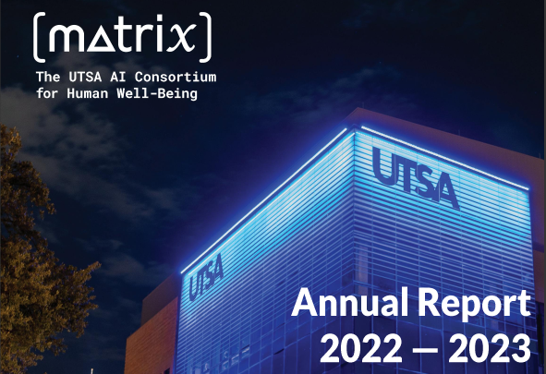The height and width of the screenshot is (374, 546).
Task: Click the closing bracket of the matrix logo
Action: [x=209, y=35]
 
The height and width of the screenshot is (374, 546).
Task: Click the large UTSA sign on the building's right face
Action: [x=415, y=175]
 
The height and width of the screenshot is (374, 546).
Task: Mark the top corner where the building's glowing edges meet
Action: [x=352, y=127]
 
